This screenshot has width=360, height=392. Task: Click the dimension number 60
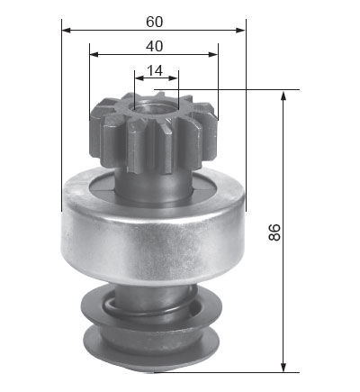coord(155,22)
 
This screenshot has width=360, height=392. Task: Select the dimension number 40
coord(155,46)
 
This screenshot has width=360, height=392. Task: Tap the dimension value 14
coord(155,71)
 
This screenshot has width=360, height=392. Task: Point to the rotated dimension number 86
coord(274,232)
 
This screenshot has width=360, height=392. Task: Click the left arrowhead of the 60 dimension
coord(66,30)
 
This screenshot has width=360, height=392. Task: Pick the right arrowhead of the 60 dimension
coord(241,30)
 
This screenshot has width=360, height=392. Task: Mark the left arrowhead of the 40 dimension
coord(94,54)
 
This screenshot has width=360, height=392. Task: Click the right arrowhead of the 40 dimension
coord(213,54)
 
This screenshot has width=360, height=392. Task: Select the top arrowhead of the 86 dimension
coord(283,96)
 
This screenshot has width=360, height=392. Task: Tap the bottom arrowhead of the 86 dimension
coord(283,368)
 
